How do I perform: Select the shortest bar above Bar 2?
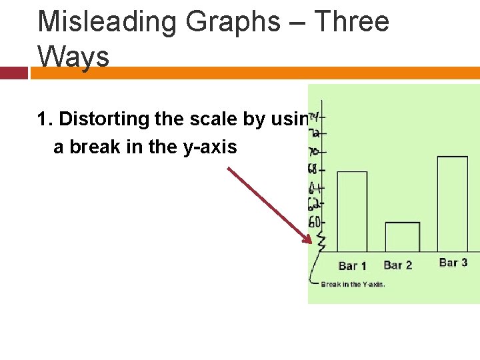click(x=403, y=237)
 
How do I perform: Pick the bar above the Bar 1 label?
click(x=352, y=211)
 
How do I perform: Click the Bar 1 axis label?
click(x=352, y=265)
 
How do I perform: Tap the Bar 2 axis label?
click(x=398, y=265)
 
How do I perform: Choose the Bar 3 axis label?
click(x=453, y=263)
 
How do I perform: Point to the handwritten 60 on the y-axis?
click(x=314, y=222)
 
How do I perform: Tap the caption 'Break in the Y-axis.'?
click(x=353, y=285)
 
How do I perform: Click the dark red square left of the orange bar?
click(x=13, y=73)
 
